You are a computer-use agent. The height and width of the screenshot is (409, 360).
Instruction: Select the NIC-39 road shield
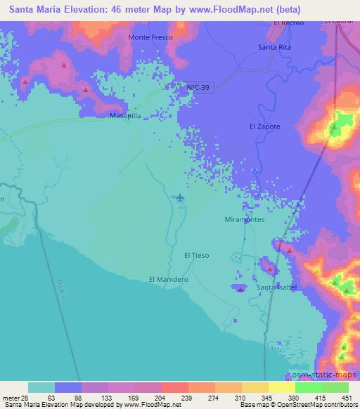click(198, 86)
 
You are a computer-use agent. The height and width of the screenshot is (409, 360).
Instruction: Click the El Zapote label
click(265, 126)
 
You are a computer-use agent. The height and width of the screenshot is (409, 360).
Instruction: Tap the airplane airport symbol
click(181, 198)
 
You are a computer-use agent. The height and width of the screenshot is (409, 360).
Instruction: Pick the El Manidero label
click(169, 279)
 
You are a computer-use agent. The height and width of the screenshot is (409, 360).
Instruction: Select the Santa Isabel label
click(277, 288)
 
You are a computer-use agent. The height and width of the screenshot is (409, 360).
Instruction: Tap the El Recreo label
click(288, 23)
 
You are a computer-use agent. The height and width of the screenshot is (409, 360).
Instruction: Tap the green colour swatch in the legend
click(308, 387)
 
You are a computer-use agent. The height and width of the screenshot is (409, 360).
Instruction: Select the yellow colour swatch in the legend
click(281, 387)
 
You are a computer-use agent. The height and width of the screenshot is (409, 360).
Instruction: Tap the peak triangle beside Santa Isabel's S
click(241, 289)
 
